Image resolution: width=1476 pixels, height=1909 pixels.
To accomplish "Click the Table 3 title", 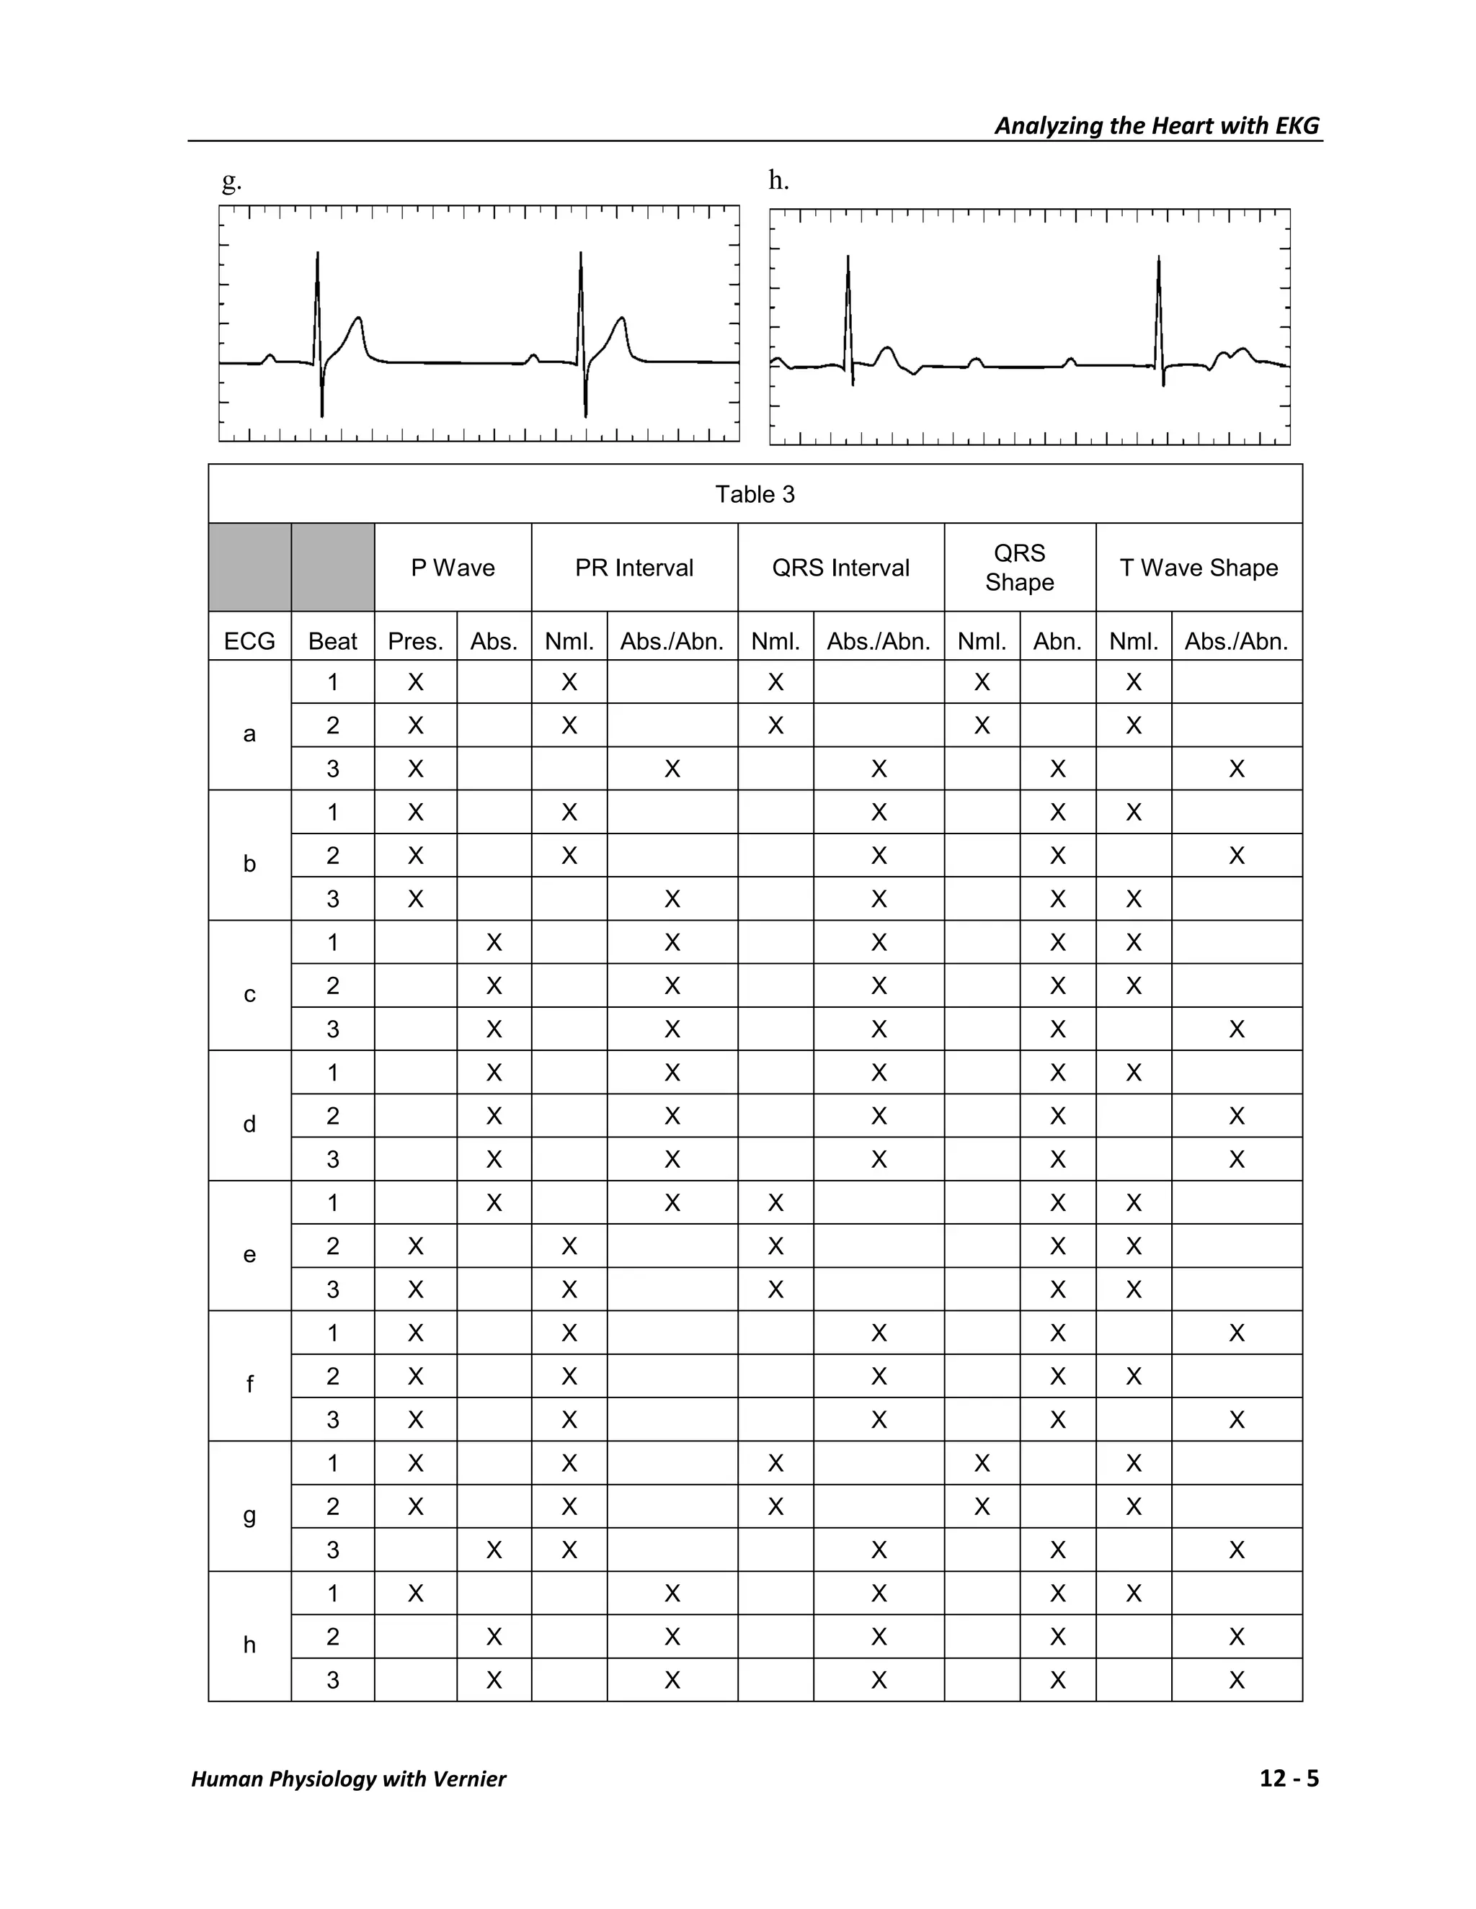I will [x=755, y=495].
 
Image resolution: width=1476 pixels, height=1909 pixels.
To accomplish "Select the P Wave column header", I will [x=453, y=568].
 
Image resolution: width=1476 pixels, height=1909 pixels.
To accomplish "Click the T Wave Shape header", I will [x=1199, y=568].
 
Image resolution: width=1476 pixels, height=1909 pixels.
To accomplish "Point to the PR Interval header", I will [x=634, y=568].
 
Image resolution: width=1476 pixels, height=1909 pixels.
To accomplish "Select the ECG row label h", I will [x=249, y=1645].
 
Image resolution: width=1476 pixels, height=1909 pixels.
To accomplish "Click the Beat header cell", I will [x=332, y=642].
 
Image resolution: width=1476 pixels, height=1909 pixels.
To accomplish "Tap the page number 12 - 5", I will [x=1289, y=1779].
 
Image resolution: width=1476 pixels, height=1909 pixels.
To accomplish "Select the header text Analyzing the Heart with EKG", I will [x=1156, y=126].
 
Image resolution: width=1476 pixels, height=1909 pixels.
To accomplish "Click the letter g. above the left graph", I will [x=231, y=181].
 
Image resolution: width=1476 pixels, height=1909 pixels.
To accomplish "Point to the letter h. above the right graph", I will [x=778, y=180].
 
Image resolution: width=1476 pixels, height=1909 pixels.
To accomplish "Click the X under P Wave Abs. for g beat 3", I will [x=494, y=1551].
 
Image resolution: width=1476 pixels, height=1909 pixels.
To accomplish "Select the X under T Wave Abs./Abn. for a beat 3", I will [x=1237, y=769].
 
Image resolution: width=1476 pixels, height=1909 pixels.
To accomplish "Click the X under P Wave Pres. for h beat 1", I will [x=415, y=1593].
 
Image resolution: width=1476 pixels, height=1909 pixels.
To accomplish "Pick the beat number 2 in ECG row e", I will [x=332, y=1246].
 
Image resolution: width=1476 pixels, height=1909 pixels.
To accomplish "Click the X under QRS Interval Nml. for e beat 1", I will [x=775, y=1204].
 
